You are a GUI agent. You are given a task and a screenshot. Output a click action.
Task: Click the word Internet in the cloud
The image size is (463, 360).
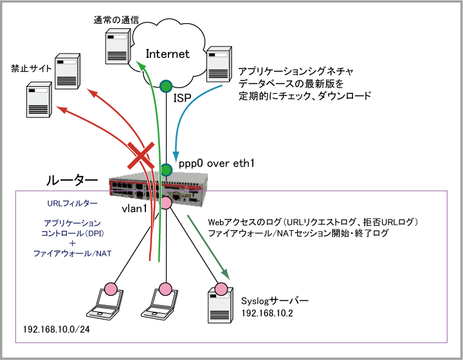point(167,54)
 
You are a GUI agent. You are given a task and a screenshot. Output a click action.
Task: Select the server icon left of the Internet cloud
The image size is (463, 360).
point(117,46)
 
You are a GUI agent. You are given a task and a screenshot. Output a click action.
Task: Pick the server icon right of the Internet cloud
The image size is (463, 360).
point(219,64)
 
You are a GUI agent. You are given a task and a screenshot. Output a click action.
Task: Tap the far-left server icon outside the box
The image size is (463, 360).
point(39,100)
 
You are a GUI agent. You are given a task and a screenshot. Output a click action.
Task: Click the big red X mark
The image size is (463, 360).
point(141,156)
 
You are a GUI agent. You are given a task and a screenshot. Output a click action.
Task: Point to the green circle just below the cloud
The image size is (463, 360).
point(166,85)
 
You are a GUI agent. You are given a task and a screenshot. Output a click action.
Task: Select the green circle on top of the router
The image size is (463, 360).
point(166,170)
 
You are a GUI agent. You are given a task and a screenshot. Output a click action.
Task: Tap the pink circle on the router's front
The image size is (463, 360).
point(165,203)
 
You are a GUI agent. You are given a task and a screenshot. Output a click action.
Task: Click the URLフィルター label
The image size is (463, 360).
point(73,203)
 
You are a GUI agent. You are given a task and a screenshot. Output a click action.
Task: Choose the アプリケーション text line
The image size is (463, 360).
point(73,223)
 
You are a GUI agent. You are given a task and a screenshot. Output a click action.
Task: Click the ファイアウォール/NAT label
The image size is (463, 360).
point(73,254)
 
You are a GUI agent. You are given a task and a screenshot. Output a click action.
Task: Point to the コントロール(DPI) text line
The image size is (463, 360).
point(73,233)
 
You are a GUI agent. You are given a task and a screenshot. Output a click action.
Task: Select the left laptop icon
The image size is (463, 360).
point(105,303)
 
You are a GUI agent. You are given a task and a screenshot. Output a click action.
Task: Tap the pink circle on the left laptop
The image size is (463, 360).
point(111,289)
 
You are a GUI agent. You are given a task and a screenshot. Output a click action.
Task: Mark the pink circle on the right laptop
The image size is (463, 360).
point(165,289)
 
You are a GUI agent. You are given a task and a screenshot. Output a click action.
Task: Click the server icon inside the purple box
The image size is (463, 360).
point(220,306)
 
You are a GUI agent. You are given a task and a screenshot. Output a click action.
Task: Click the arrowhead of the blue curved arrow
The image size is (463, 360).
point(176,159)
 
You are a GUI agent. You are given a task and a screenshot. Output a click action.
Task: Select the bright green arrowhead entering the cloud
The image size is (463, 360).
point(140,65)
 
